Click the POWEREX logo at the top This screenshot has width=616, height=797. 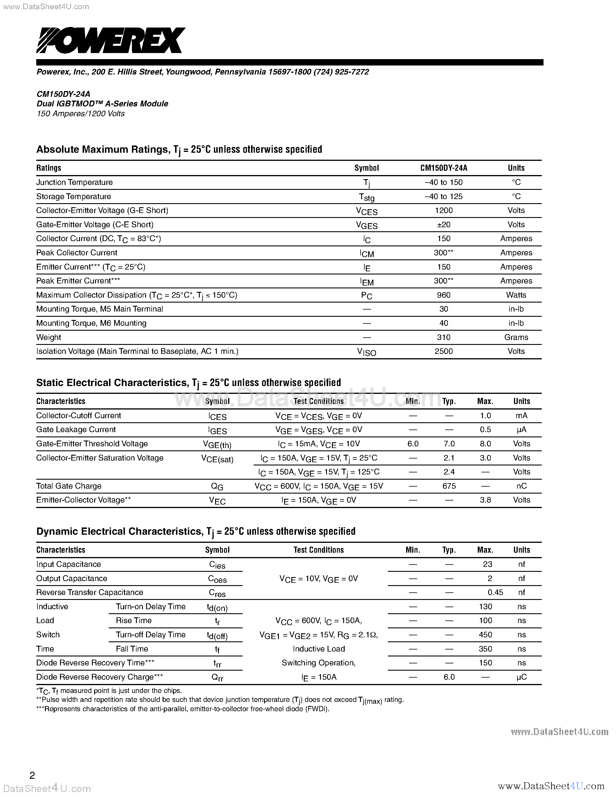(x=110, y=40)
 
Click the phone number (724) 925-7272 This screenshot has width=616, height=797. (x=341, y=72)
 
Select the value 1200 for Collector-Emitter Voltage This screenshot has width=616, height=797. (x=444, y=211)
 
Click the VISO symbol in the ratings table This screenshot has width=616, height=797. (x=366, y=352)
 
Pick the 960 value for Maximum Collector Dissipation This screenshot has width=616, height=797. (x=444, y=295)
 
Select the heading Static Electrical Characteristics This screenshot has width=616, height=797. (x=111, y=383)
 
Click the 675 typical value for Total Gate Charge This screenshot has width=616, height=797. (x=449, y=486)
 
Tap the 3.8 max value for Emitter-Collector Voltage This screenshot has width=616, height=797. (x=485, y=500)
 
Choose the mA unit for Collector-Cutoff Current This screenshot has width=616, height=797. (x=521, y=416)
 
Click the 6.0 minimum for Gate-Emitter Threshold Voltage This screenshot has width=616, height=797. (x=413, y=444)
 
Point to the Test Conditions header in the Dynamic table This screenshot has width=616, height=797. (x=318, y=550)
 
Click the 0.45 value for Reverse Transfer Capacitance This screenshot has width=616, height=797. (x=495, y=593)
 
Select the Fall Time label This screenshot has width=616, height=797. (x=132, y=649)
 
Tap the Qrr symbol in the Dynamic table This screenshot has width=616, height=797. (x=217, y=678)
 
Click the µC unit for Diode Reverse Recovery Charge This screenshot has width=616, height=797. (x=521, y=677)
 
